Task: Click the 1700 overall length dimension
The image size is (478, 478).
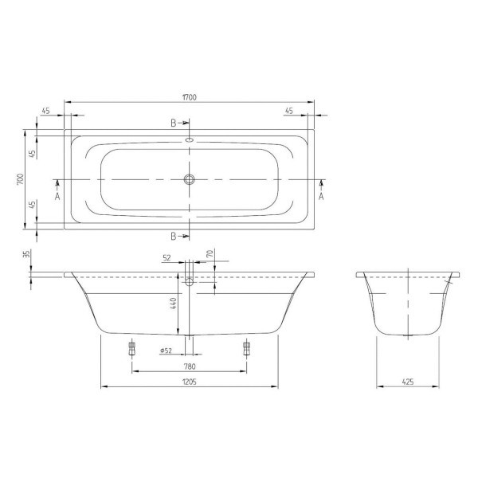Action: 190,97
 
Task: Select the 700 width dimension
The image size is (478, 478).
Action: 20,179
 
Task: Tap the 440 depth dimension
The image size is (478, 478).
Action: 173,304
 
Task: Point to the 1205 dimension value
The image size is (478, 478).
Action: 190,382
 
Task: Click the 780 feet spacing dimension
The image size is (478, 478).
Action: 190,366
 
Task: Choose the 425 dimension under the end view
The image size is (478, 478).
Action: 408,382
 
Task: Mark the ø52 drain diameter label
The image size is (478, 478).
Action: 166,351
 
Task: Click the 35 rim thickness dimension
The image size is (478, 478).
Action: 27,253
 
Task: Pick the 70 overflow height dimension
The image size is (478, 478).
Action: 210,253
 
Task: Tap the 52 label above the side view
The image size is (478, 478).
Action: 167,258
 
